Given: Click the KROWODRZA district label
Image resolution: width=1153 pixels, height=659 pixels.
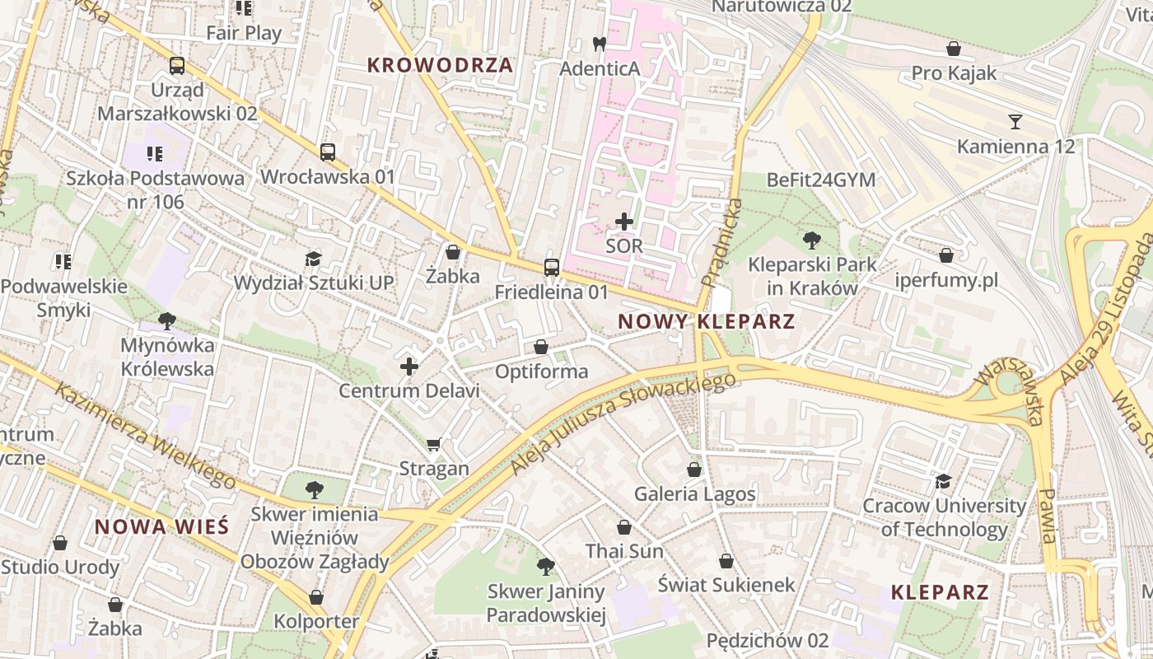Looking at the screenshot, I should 440,65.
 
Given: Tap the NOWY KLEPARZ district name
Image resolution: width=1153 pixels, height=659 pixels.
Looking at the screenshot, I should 707,321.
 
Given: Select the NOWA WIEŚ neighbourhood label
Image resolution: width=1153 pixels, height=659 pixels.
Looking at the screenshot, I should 161,527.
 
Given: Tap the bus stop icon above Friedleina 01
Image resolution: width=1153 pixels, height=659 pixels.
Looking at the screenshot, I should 552,268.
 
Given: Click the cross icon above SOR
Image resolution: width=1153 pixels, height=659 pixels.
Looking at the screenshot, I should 624,221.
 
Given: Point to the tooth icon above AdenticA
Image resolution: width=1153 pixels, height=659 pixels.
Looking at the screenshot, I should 600,44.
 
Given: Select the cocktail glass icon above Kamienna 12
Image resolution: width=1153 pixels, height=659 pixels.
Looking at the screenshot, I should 1015,122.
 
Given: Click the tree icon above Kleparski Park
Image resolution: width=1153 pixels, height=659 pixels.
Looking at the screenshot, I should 812,241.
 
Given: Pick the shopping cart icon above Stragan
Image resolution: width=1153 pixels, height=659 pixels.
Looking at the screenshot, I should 434,445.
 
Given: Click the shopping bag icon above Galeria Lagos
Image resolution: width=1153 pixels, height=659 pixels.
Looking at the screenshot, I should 694,470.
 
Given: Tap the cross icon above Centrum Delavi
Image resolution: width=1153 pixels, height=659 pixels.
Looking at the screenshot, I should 409,366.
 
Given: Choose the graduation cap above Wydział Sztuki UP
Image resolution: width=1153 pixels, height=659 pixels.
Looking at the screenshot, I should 313,259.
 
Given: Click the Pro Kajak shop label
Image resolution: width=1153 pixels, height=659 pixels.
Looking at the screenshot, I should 954,73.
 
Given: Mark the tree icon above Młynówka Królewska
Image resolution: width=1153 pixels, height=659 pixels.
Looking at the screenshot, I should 167,320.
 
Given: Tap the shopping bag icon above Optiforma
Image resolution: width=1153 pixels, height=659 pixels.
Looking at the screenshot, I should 541,347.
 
